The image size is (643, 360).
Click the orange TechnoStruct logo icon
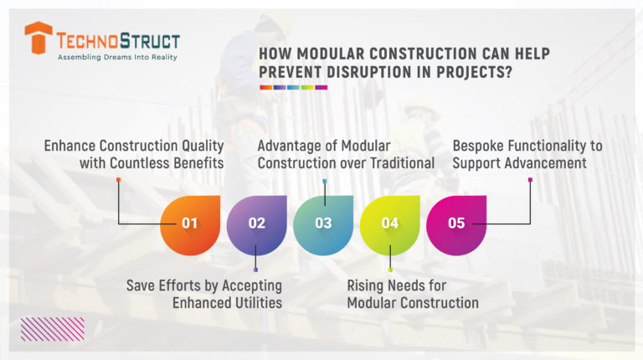39,39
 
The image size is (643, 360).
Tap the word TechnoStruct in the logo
117,39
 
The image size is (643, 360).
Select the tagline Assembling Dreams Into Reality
117,59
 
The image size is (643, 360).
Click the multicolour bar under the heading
293,87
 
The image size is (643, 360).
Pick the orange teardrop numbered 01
190,224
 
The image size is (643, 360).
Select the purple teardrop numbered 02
256,224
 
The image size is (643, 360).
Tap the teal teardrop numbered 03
323,224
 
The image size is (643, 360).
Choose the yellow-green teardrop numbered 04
389,224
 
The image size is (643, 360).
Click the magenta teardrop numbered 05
456,224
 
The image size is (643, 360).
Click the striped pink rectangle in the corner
52,328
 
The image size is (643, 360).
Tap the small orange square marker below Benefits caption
119,180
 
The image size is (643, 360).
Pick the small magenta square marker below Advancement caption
530,180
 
